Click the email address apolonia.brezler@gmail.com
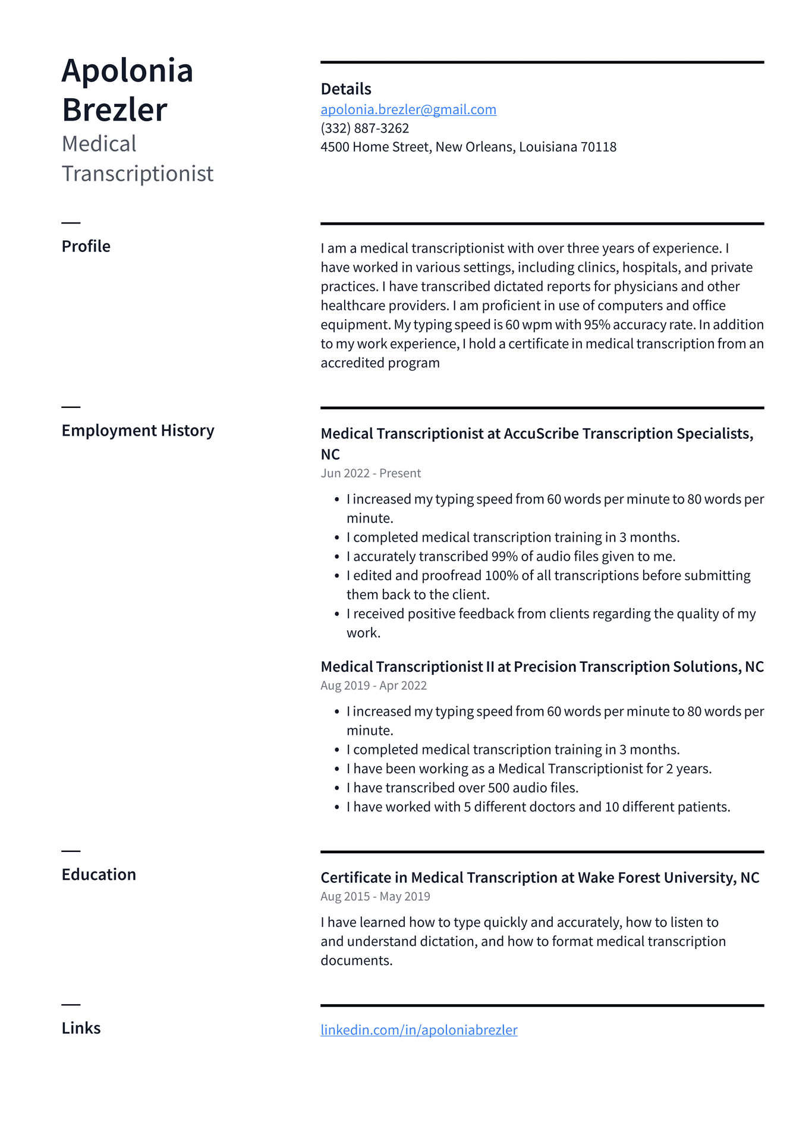click(408, 109)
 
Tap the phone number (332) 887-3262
click(364, 128)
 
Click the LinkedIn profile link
click(418, 1030)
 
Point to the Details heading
click(345, 89)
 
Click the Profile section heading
click(86, 246)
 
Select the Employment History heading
click(137, 430)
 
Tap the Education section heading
click(99, 875)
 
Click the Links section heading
click(81, 1028)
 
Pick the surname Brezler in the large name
click(114, 110)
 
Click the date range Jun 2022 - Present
click(370, 473)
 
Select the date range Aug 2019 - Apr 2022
click(373, 685)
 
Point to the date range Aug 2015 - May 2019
click(375, 897)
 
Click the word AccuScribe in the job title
click(541, 434)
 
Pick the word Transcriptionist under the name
click(137, 174)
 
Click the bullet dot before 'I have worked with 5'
click(337, 807)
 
